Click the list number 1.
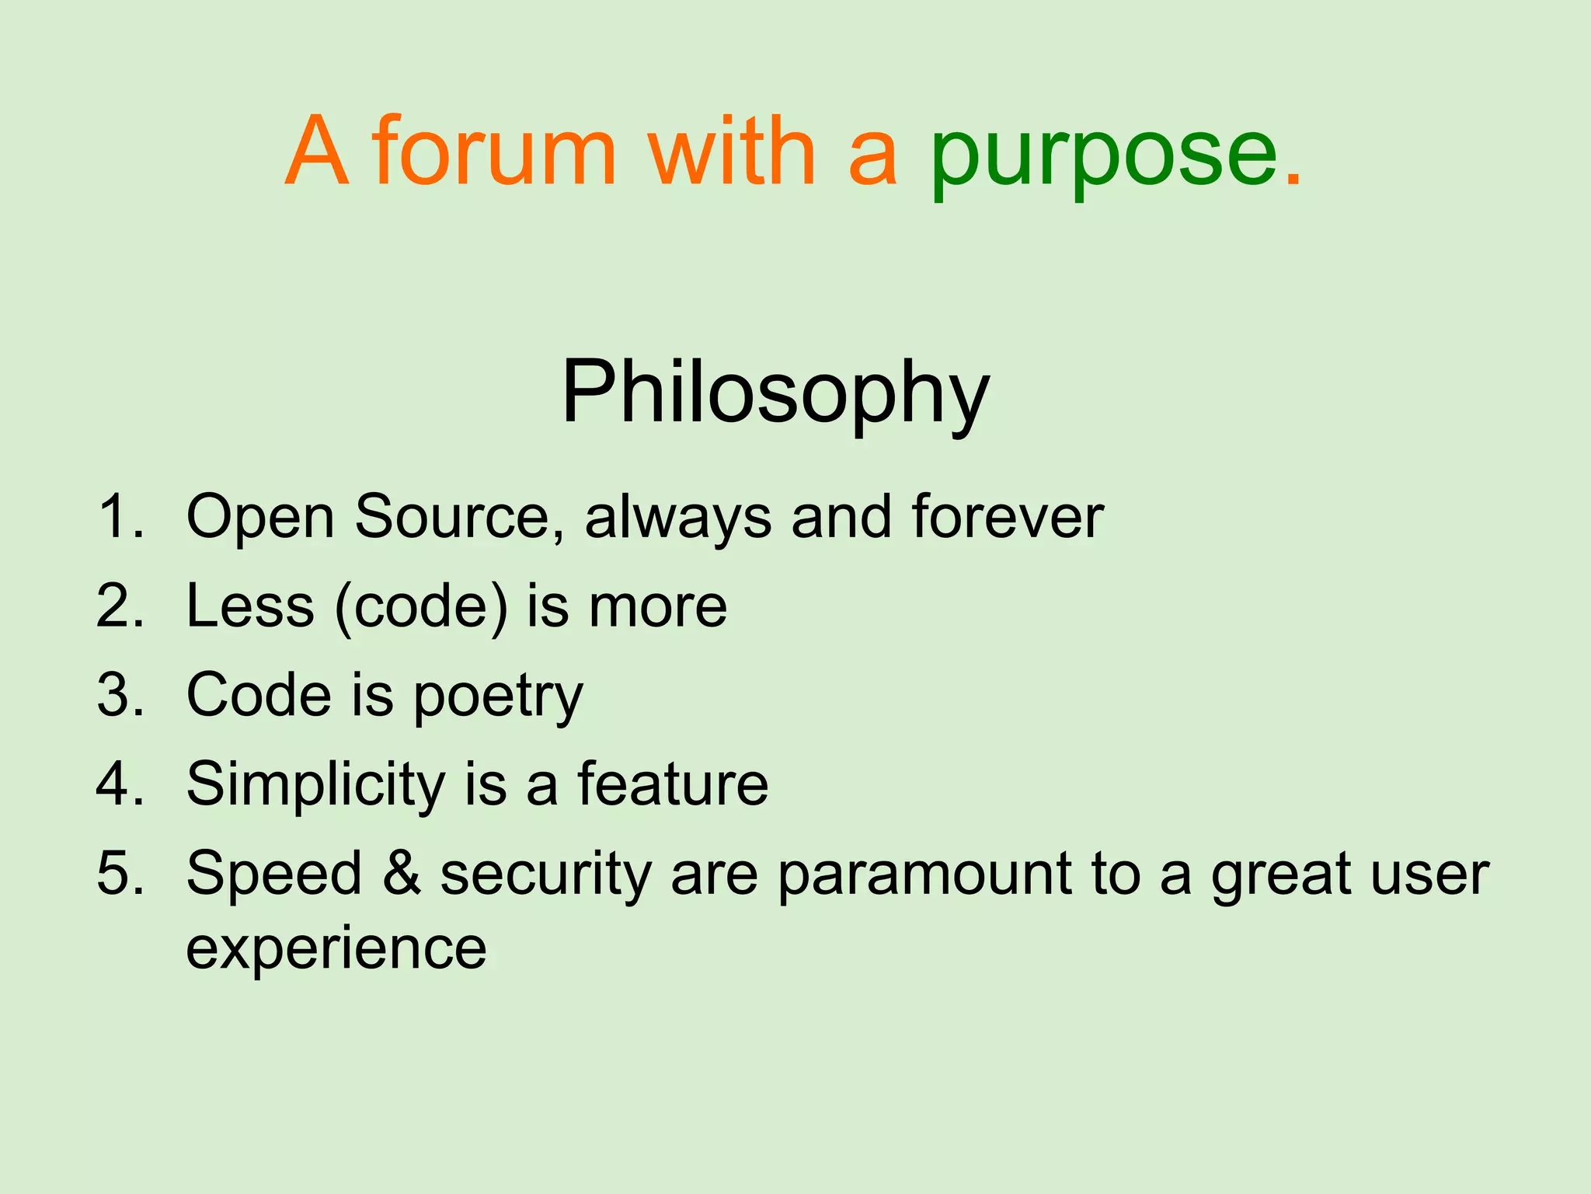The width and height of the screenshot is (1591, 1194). tap(120, 516)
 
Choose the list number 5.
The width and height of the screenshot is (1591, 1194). tap(120, 873)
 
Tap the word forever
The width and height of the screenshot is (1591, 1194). tap(1008, 516)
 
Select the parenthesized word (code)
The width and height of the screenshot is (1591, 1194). tap(420, 606)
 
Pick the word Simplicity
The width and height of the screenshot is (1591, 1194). tap(315, 785)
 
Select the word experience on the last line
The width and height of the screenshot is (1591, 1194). tap(336, 950)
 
